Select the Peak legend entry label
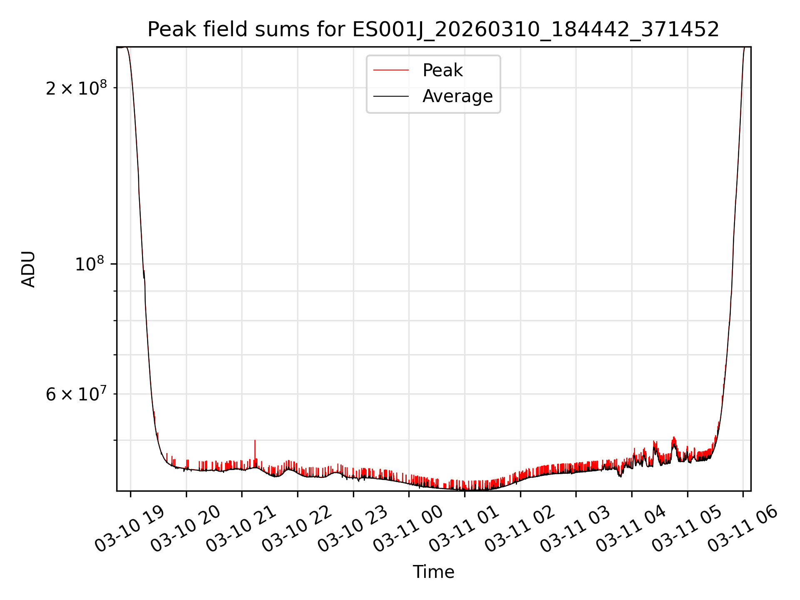[x=442, y=70]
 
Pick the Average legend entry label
[x=457, y=96]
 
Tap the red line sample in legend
[x=391, y=70]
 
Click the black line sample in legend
[x=391, y=96]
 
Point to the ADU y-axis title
[x=28, y=269]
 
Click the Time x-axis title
[x=433, y=572]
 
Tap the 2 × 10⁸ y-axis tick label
[x=76, y=88]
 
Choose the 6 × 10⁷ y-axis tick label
[x=76, y=394]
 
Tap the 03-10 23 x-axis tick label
[x=353, y=529]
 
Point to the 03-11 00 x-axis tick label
[x=408, y=529]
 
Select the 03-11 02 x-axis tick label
[x=520, y=529]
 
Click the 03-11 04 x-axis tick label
[x=631, y=529]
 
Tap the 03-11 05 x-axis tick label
[x=687, y=529]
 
